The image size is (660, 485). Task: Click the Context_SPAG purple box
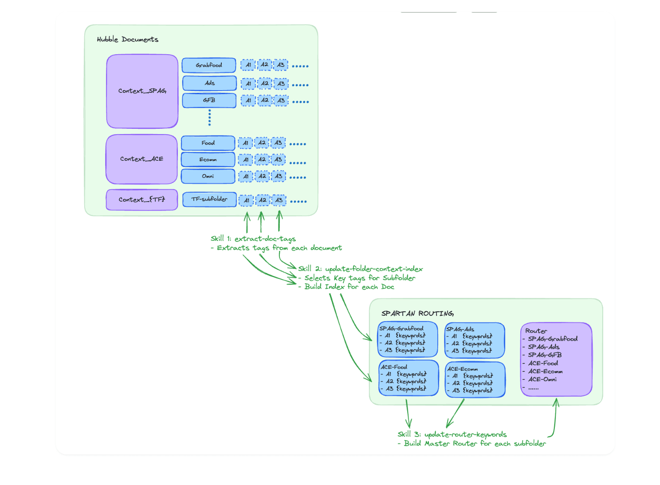(142, 91)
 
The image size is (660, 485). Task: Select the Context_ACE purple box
(142, 159)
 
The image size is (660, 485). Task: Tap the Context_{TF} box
(142, 200)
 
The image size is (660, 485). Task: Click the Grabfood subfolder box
(209, 65)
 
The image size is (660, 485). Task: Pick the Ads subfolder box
(209, 83)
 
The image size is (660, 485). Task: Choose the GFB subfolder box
(209, 101)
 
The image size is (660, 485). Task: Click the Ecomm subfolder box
(208, 159)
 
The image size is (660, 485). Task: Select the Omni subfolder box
(208, 176)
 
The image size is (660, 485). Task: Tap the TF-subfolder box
(209, 199)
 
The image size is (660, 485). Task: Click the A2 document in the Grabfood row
(265, 65)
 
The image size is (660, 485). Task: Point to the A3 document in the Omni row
(279, 176)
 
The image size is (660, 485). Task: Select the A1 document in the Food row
(245, 143)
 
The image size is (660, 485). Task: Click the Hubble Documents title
(128, 39)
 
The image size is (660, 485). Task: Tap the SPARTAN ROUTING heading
(417, 313)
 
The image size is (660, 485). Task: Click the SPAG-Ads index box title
(460, 329)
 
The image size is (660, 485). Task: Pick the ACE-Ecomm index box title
(463, 369)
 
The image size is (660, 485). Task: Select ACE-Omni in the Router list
(542, 379)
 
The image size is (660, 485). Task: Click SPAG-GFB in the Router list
(545, 355)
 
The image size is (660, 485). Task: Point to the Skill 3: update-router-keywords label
(452, 434)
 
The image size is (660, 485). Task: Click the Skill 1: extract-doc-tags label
(253, 239)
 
